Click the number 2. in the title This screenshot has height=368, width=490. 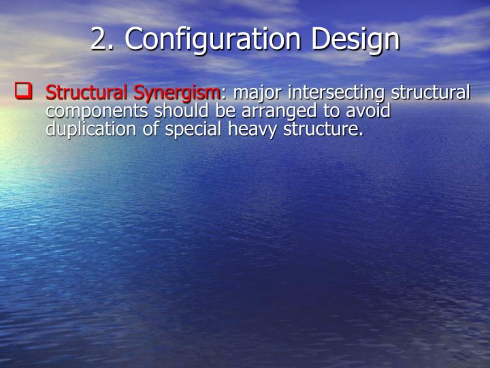coord(104,39)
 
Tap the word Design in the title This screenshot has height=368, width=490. coord(356,39)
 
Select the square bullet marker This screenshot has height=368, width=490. coord(24,89)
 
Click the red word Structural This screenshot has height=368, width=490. coord(87,91)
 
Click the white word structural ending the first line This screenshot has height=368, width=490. coord(430,92)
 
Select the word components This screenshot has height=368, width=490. coord(98,110)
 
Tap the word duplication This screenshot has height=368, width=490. coord(93,128)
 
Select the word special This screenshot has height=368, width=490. coord(192,129)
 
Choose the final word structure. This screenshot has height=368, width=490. coord(321,128)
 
